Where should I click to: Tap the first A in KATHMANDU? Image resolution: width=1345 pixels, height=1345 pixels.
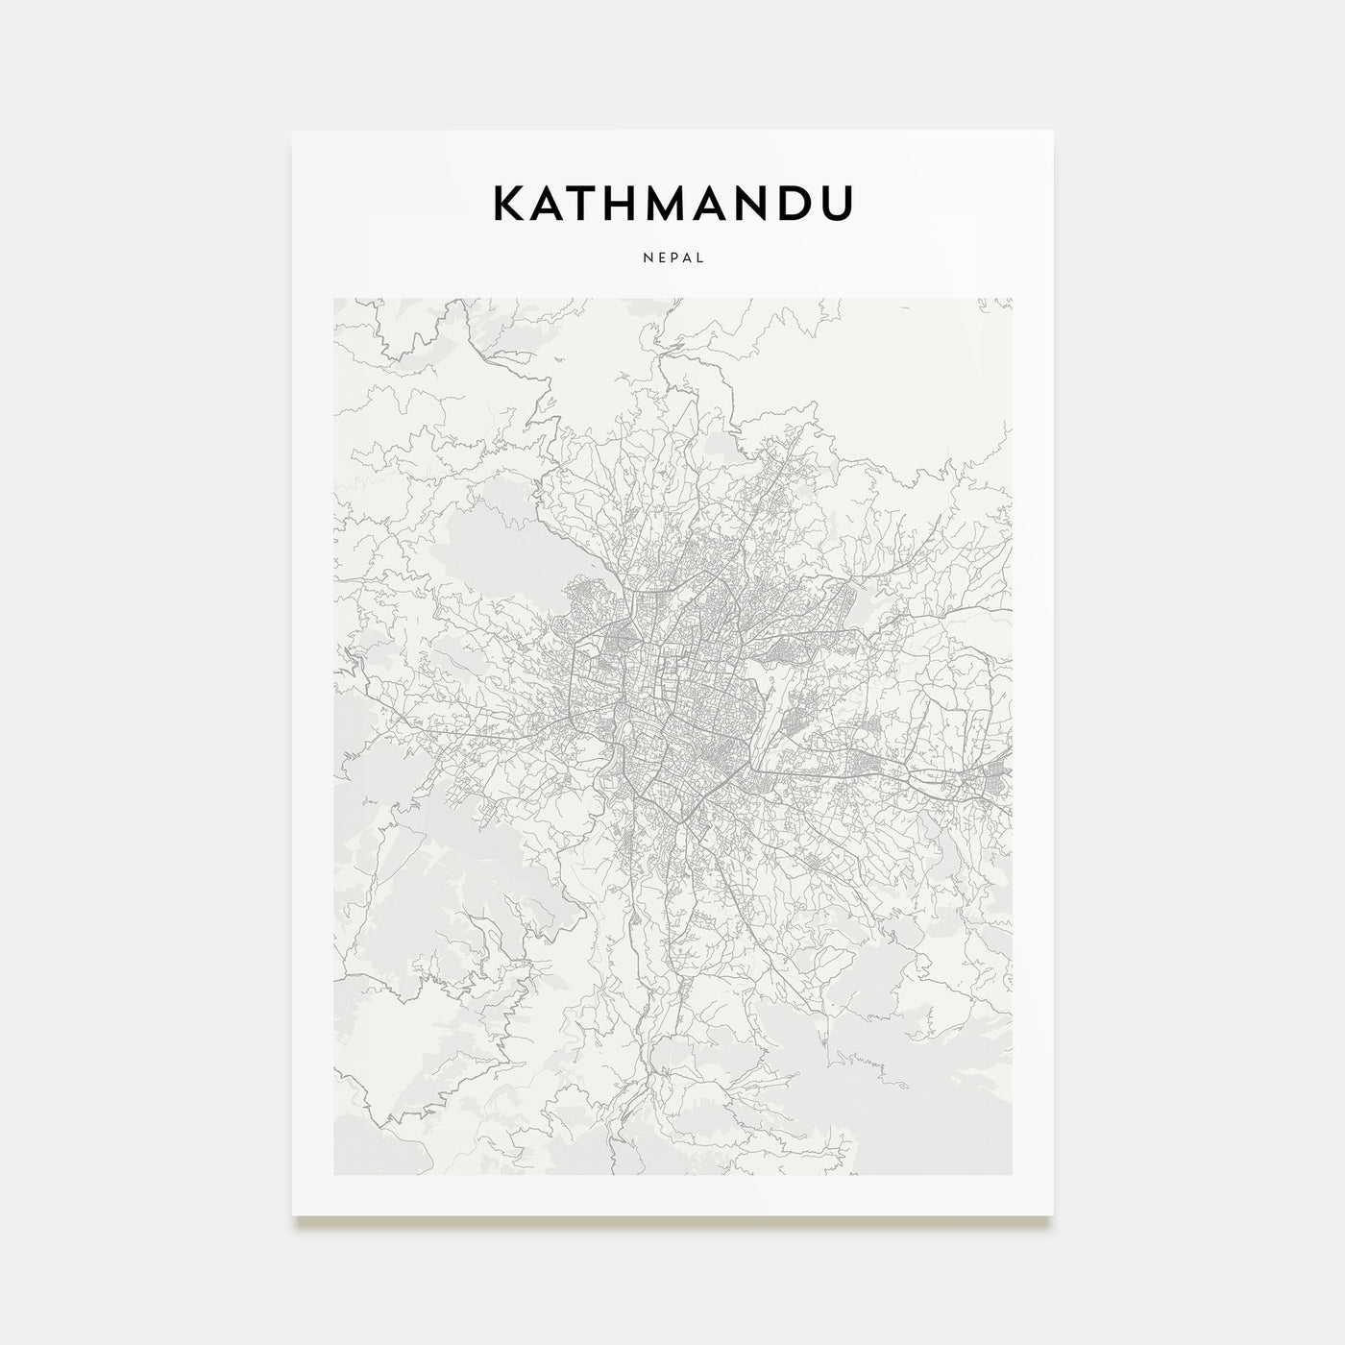pyautogui.click(x=550, y=203)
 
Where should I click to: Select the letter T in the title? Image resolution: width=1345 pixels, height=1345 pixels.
pyautogui.click(x=588, y=203)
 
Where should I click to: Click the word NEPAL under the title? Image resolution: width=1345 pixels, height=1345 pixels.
pyautogui.click(x=672, y=257)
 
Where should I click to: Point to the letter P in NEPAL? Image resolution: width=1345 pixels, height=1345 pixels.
pyautogui.click(x=672, y=257)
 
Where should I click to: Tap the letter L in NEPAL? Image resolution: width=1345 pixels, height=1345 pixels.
pyautogui.click(x=701, y=257)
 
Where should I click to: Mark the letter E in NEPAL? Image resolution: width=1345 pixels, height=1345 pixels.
pyautogui.click(x=658, y=257)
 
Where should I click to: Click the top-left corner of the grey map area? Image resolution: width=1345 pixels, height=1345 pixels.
pyautogui.click(x=334, y=299)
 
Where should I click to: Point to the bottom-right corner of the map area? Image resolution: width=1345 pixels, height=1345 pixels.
pyautogui.click(x=1011, y=1174)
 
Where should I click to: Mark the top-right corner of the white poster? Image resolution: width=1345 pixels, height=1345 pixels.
pyautogui.click(x=1053, y=131)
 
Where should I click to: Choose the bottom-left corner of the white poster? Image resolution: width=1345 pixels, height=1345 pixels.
pyautogui.click(x=293, y=1215)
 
